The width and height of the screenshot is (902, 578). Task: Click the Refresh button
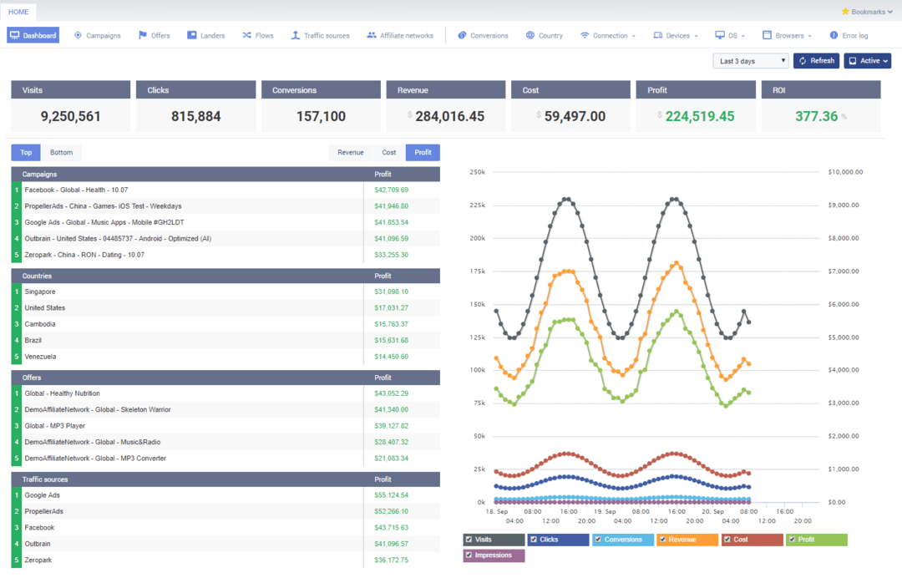tap(816, 61)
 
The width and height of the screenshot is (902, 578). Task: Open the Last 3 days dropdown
tap(750, 61)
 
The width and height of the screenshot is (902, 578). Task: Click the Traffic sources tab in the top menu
tap(320, 36)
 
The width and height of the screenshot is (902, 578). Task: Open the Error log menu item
tap(849, 36)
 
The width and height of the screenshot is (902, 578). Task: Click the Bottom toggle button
tap(61, 153)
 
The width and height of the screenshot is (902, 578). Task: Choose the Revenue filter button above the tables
tap(350, 153)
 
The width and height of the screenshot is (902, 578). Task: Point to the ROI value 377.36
tap(816, 116)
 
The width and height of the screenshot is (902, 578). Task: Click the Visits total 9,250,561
tap(71, 116)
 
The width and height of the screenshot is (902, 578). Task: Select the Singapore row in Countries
tap(40, 292)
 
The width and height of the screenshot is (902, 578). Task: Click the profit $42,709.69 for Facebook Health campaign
tap(391, 190)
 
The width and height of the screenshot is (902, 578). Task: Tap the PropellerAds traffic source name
tap(43, 511)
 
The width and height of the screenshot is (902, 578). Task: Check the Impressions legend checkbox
tap(469, 555)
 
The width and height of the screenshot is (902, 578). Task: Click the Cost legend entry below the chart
tap(740, 540)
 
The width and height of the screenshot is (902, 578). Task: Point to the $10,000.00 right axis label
tap(845, 172)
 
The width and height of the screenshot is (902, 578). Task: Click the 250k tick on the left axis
tap(478, 172)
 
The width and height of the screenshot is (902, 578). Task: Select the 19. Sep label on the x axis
tap(605, 510)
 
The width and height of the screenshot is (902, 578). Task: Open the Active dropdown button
tap(867, 61)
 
